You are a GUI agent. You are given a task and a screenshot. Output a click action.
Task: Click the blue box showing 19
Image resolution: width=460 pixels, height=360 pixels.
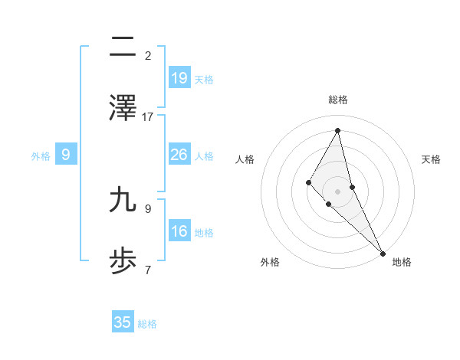click(x=179, y=78)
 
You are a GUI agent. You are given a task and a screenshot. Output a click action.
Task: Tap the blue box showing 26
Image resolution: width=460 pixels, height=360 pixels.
click(x=179, y=155)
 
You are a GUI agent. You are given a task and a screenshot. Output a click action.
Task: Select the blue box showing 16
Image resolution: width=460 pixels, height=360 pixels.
click(x=179, y=231)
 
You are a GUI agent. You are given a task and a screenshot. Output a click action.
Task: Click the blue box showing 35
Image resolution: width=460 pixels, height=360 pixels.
click(x=123, y=322)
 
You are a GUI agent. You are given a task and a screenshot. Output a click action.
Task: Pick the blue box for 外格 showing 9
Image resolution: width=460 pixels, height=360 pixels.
click(x=66, y=155)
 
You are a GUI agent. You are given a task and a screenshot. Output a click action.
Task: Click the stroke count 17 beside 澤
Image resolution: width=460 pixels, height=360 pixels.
click(x=148, y=116)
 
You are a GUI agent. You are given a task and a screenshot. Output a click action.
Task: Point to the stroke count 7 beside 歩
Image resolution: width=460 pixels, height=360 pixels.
click(x=148, y=269)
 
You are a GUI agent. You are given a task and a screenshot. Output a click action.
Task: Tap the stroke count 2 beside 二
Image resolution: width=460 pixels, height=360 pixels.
click(x=148, y=56)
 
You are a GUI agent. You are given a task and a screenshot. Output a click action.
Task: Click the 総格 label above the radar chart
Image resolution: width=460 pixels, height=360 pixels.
click(x=338, y=100)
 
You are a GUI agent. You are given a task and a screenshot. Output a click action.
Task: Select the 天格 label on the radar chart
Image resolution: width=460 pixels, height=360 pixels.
click(x=431, y=159)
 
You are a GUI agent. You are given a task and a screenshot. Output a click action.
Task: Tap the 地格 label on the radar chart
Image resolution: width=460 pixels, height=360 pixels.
click(x=402, y=262)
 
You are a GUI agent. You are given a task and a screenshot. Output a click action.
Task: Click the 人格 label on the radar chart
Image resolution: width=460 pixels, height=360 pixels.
click(x=245, y=159)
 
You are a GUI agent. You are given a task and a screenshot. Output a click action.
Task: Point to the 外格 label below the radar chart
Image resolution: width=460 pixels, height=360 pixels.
click(x=270, y=262)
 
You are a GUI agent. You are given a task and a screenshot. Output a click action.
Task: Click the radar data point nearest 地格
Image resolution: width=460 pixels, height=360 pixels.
click(x=383, y=252)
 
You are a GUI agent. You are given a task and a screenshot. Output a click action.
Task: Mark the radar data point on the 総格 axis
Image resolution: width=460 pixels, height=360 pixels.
click(x=338, y=131)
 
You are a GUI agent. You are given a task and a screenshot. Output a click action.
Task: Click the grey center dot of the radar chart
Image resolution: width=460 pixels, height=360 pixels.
click(x=338, y=191)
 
